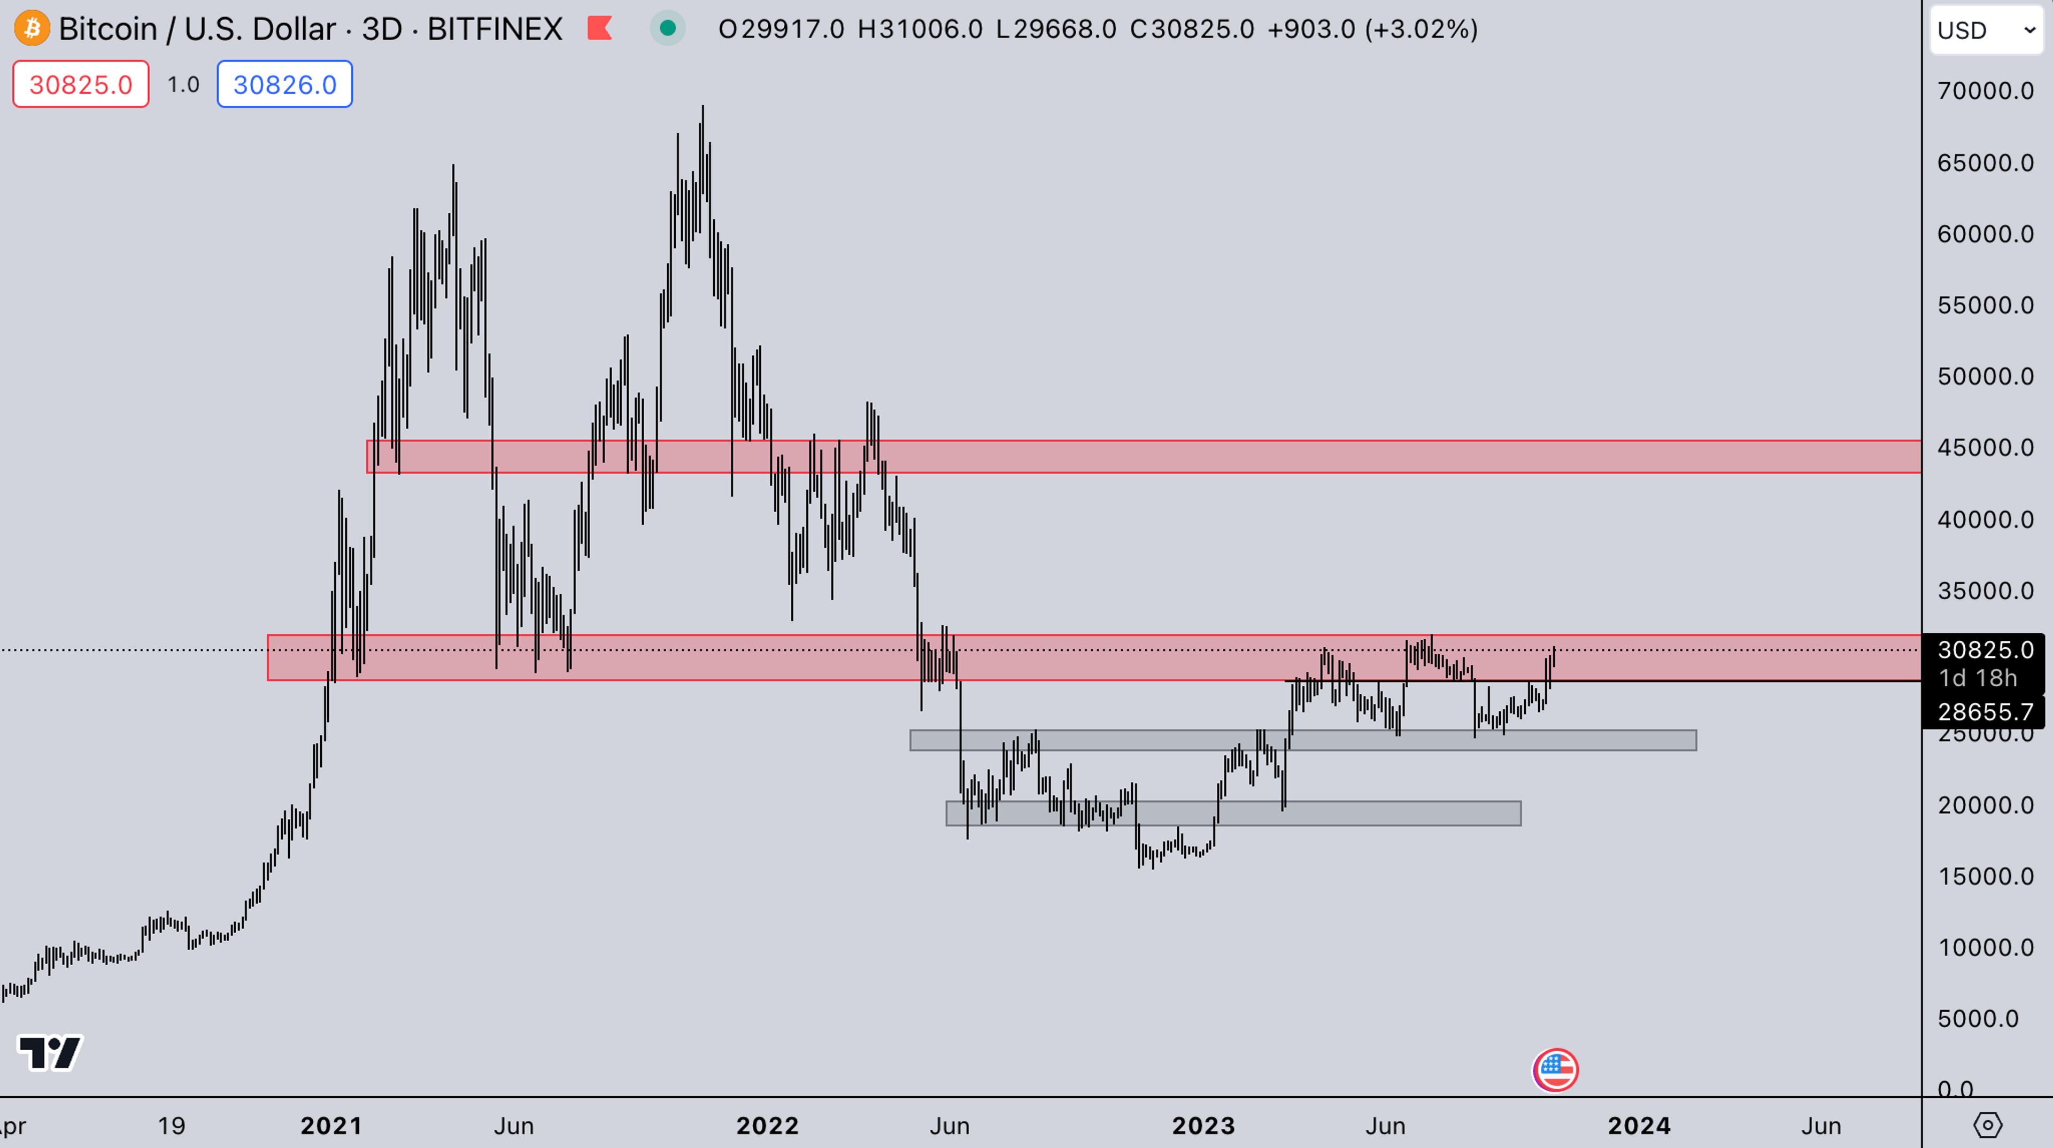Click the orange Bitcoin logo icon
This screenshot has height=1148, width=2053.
pos(32,29)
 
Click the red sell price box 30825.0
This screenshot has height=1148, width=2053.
pos(81,84)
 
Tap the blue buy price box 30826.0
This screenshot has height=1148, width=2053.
pos(284,84)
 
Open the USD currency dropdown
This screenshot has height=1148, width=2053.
pos(1986,30)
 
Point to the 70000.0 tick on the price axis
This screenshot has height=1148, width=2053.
pos(1985,91)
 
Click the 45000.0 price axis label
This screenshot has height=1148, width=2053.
pos(1985,448)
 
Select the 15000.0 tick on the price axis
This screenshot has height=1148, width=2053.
pos(1985,876)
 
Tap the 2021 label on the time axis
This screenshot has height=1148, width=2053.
pos(331,1126)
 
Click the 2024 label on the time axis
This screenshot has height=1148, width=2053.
pos(1639,1126)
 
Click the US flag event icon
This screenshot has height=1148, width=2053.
pos(1555,1070)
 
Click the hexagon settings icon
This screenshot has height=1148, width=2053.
pos(1988,1125)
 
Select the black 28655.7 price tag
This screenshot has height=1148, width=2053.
pos(1985,711)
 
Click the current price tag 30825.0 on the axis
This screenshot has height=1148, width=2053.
pos(1985,650)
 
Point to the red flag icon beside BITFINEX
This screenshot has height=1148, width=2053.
pos(599,29)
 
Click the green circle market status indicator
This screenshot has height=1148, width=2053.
pos(668,29)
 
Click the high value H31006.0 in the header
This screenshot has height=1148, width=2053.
pos(920,29)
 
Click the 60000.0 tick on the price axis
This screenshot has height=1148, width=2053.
pos(1985,234)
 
